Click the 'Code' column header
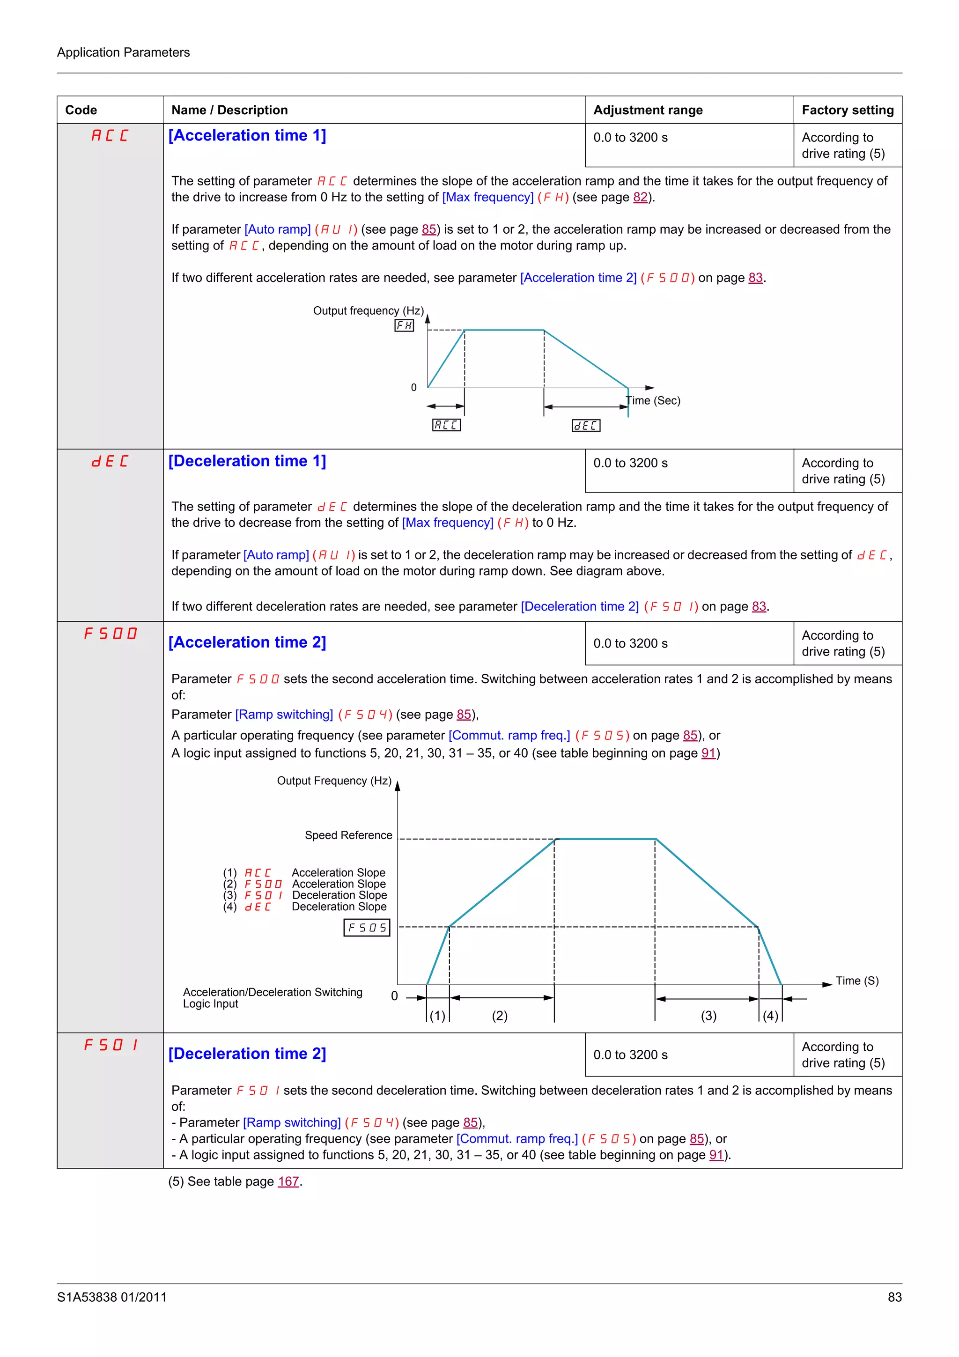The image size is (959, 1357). (x=81, y=110)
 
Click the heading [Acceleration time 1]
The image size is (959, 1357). (x=247, y=135)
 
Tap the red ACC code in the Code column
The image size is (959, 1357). (x=110, y=136)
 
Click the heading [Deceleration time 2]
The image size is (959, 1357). (x=247, y=1053)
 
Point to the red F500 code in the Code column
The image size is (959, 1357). (x=110, y=634)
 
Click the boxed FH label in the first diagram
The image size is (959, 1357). (x=404, y=325)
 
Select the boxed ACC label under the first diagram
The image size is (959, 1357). (x=446, y=425)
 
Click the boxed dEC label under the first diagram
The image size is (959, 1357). (x=586, y=426)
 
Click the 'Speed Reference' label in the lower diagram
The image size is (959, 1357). (x=348, y=835)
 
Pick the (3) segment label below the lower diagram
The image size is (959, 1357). (x=708, y=1015)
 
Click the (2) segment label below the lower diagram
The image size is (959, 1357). (x=499, y=1015)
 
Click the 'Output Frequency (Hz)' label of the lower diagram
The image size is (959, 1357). (x=334, y=781)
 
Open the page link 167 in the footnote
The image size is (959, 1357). (x=288, y=1181)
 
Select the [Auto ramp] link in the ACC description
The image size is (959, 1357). (x=277, y=229)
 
